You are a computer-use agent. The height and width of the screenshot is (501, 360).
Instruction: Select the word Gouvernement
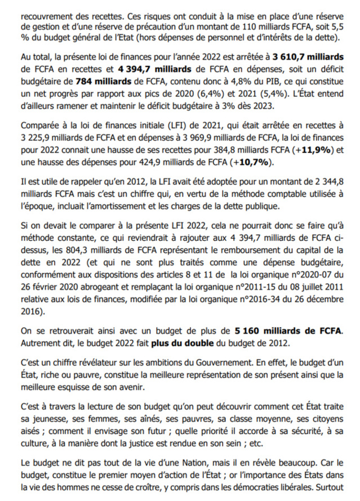click(217, 361)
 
